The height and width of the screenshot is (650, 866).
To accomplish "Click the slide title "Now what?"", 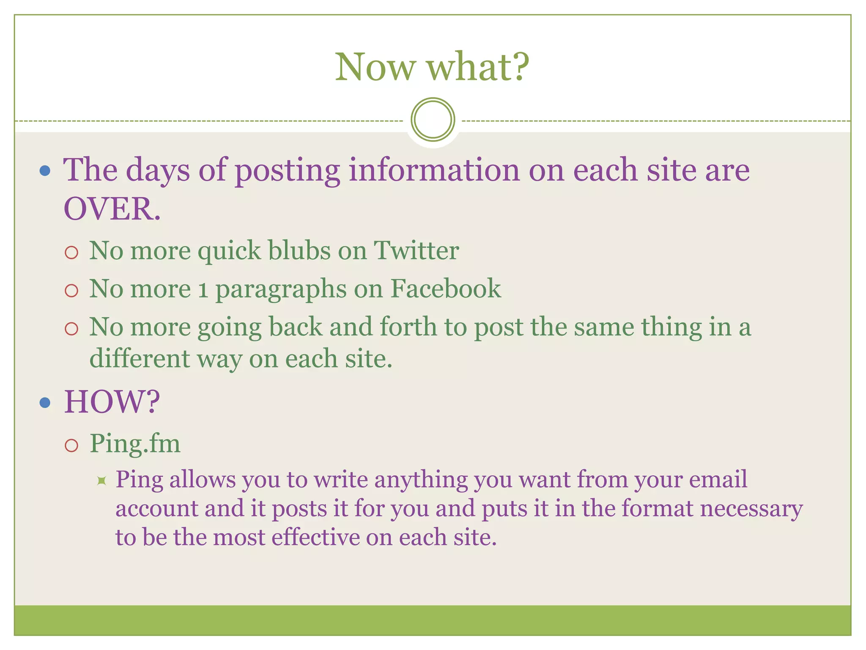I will pyautogui.click(x=432, y=67).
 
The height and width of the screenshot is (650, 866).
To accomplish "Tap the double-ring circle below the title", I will pyautogui.click(x=433, y=119).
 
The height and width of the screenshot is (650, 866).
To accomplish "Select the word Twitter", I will pyautogui.click(x=416, y=251).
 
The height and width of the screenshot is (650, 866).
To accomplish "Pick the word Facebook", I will pyautogui.click(x=446, y=289).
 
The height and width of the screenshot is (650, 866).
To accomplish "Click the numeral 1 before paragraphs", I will pyautogui.click(x=203, y=290).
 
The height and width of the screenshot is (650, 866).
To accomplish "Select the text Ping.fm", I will pyautogui.click(x=135, y=443).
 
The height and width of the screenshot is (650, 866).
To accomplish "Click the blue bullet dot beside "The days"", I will pyautogui.click(x=45, y=171).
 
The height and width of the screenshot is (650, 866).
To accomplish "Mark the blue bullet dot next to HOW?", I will pyautogui.click(x=45, y=402).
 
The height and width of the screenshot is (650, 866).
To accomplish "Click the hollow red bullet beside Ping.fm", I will pyautogui.click(x=72, y=446).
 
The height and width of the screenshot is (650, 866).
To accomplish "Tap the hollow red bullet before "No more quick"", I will pyautogui.click(x=72, y=253).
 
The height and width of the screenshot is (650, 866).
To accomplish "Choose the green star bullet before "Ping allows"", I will pyautogui.click(x=101, y=480).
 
